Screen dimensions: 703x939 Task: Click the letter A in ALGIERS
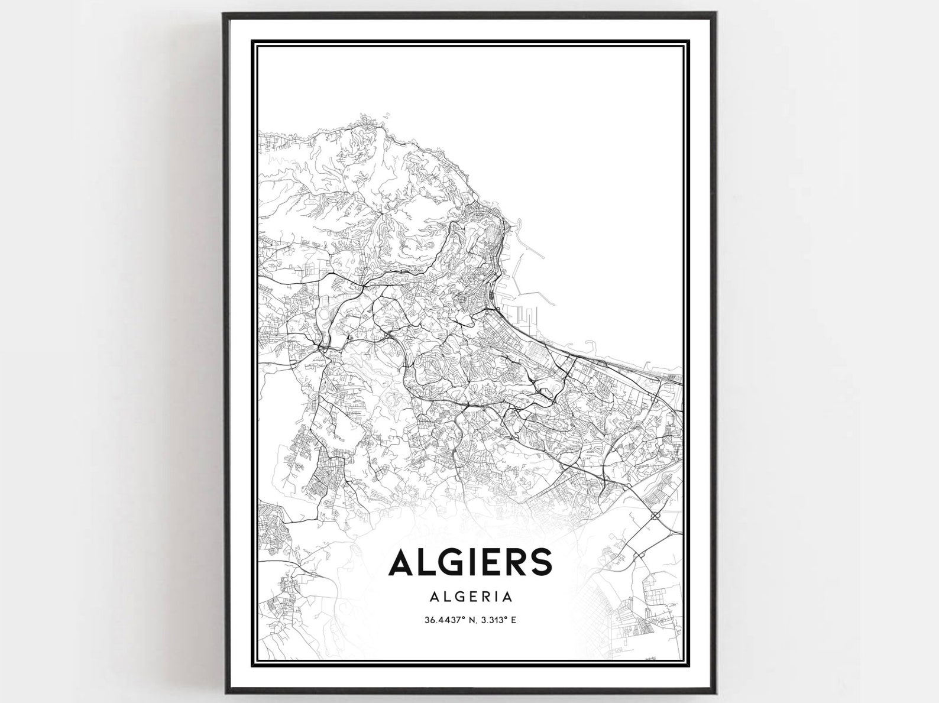click(x=401, y=562)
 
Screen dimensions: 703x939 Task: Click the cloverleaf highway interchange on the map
click(x=655, y=516)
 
